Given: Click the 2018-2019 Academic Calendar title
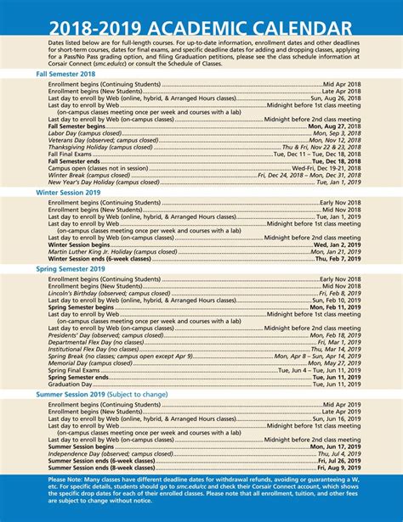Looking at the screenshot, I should (201, 20).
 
